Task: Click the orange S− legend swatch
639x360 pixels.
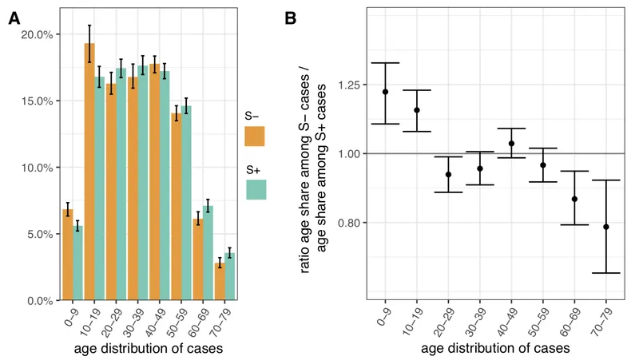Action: coord(255,138)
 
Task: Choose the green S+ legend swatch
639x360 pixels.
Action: coord(255,189)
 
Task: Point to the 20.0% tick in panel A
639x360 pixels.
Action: coord(38,35)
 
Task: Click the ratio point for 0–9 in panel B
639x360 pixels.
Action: coord(385,92)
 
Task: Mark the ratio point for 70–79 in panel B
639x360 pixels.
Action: coord(605,227)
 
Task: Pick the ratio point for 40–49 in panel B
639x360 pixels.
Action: coord(511,144)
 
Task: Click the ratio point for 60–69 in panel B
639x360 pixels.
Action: coord(574,199)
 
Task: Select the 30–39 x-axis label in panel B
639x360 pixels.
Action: coord(476,319)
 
